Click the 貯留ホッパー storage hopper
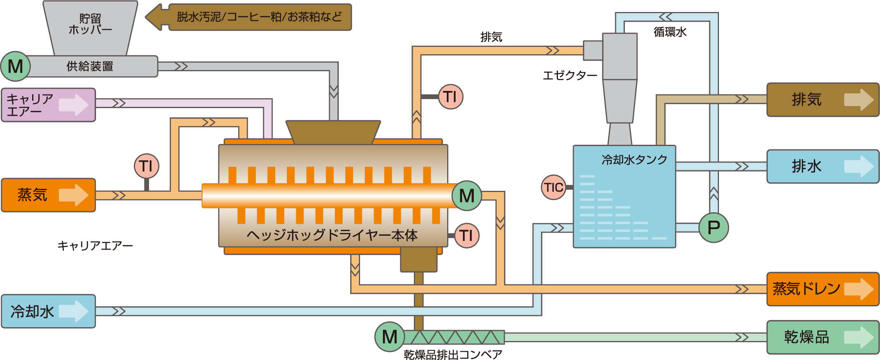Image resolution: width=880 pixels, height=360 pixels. point(90,25)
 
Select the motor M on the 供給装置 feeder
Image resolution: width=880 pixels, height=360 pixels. point(15,66)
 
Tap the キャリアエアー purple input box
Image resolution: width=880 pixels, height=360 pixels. point(48,105)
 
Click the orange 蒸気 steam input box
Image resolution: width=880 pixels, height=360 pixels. point(48,195)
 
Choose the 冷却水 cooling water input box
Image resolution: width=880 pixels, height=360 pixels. point(48,311)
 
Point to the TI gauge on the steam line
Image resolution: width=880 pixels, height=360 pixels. point(146,166)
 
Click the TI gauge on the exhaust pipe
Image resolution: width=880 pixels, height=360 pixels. point(451,96)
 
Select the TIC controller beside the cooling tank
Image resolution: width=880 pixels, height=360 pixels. point(554,187)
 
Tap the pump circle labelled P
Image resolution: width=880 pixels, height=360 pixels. point(714,228)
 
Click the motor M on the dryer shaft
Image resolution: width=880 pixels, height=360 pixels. point(467,195)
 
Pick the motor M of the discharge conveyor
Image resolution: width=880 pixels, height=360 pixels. point(389,337)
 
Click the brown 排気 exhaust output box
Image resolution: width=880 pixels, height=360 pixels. point(823,99)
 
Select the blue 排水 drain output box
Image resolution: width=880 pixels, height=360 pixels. point(823,166)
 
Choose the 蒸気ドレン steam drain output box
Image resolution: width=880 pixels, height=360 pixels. point(823,289)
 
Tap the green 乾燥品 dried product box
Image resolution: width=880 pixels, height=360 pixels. point(823,337)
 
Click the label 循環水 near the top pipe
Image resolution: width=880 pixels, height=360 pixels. point(670,32)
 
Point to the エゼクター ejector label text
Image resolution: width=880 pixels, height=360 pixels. point(570,75)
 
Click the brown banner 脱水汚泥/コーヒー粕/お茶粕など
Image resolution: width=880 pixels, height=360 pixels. point(259,17)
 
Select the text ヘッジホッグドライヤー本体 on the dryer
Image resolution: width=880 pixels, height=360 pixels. point(332,235)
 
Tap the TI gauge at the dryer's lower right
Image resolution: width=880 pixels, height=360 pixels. point(467,235)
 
